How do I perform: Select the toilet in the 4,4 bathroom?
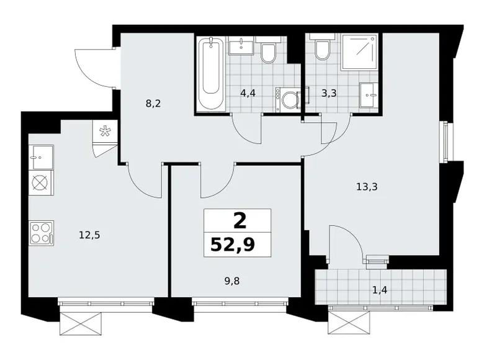[268, 52]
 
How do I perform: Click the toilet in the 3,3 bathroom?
[321, 50]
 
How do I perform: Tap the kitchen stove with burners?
[41, 233]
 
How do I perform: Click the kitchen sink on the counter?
[41, 158]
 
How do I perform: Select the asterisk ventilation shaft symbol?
[104, 131]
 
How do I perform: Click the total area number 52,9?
[237, 245]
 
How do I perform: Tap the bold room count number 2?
[238, 220]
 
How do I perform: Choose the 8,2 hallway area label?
[153, 104]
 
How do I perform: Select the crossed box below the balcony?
[351, 323]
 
